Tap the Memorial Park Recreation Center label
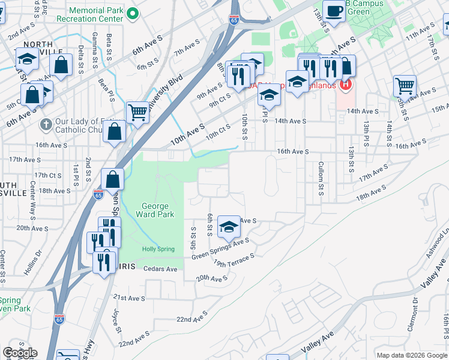coord(96,14)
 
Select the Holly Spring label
coord(158,249)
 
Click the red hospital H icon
coord(345,85)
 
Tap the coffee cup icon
coord(334,10)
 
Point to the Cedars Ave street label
coord(160,269)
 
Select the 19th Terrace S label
coord(234,259)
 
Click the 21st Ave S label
coord(130,298)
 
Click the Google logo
coord(19,353)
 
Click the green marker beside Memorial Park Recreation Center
coord(135,14)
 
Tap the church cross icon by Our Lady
coord(46,125)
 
